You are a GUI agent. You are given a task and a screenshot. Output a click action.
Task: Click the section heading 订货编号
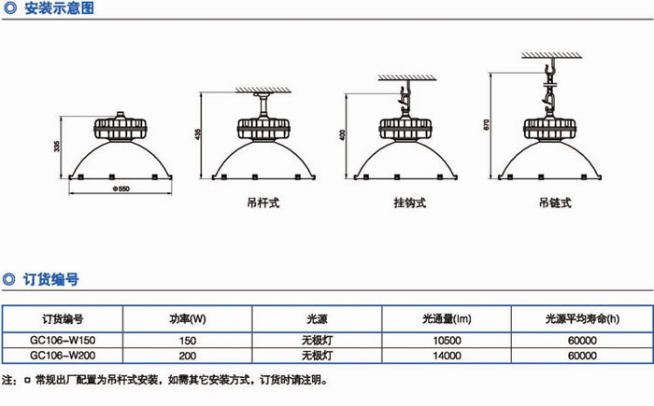click(51, 278)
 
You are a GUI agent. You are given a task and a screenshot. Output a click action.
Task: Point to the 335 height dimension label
click(58, 147)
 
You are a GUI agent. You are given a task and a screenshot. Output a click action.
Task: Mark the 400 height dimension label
click(343, 134)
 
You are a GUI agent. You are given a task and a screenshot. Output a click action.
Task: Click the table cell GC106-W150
click(64, 342)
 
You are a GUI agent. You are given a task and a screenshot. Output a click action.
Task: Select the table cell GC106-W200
click(64, 356)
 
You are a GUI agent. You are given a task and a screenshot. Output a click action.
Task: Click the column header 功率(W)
click(188, 319)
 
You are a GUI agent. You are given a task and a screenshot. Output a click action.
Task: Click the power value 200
click(188, 356)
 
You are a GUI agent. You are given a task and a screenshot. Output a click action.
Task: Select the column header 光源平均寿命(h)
click(580, 319)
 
